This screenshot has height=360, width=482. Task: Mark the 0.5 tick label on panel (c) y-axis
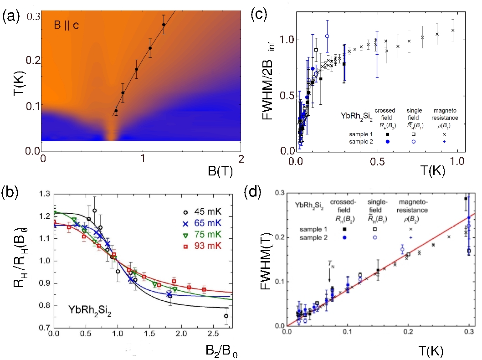[x=284, y=96]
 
